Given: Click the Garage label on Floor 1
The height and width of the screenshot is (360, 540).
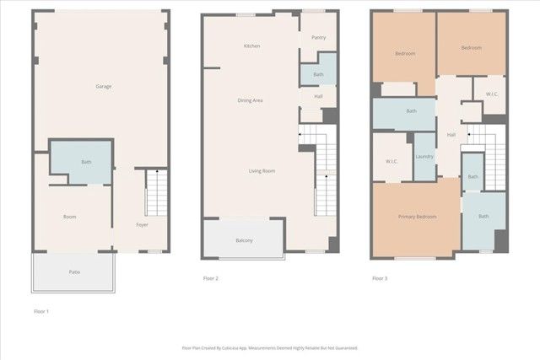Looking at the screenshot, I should coord(104,86).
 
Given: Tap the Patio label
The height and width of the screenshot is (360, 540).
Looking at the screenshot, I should coord(74,271).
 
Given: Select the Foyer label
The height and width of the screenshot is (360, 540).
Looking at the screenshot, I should coord(143,224).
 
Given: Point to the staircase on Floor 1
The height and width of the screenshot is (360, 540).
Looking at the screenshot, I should coord(157,192).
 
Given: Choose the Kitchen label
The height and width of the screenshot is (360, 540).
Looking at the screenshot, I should coord(251,46).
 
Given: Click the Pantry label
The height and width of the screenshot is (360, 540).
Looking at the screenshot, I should coord(318,38).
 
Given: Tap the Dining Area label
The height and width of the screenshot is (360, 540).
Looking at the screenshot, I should coord(250,100).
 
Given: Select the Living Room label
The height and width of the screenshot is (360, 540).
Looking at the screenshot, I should coord(262,171).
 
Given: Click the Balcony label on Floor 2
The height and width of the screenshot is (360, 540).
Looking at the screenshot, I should coord(243,241).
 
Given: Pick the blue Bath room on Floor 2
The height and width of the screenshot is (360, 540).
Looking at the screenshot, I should coord(318,73).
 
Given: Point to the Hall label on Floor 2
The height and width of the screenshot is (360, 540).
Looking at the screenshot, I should coord(318,96).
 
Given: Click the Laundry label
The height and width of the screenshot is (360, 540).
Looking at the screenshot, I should coord(424,156).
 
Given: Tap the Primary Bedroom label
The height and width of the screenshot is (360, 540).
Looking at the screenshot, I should coord(417,217).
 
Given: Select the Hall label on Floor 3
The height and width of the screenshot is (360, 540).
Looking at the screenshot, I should coord(451,134).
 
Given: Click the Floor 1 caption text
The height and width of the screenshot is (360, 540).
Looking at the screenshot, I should coord(41,311).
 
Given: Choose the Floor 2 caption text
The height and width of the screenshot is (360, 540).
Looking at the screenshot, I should coord(211,278).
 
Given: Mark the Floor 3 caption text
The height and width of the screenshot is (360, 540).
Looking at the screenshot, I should coord(381,278).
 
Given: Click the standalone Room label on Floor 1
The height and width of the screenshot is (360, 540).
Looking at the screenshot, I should coord(70,217).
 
